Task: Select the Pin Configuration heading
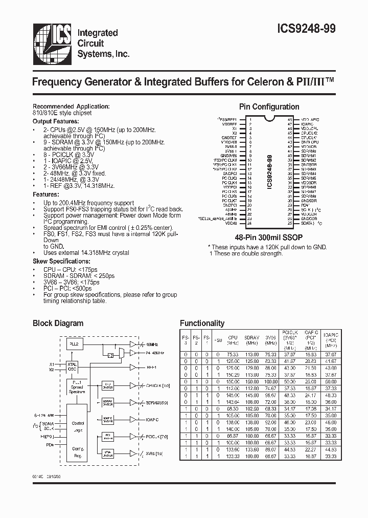point(269,107)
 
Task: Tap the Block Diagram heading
point(58,323)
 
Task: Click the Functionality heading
point(202,323)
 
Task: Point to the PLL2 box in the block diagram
point(74,344)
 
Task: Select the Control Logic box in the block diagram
point(78,426)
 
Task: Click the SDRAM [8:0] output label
point(157,402)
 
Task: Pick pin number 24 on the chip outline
point(249,223)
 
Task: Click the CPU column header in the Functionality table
point(233,338)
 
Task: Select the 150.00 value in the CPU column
point(233,381)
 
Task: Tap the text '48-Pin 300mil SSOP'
point(269,238)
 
